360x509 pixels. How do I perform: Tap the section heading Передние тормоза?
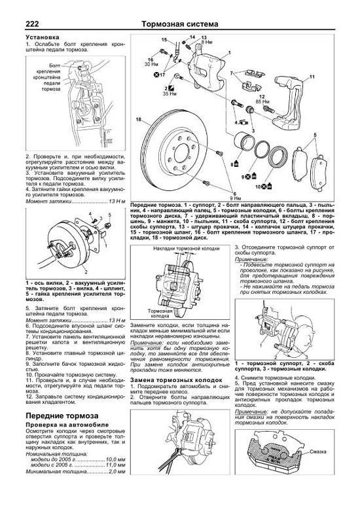(x=62, y=398)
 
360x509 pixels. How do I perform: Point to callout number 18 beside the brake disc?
(x=138, y=120)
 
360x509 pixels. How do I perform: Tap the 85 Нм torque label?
(x=263, y=103)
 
